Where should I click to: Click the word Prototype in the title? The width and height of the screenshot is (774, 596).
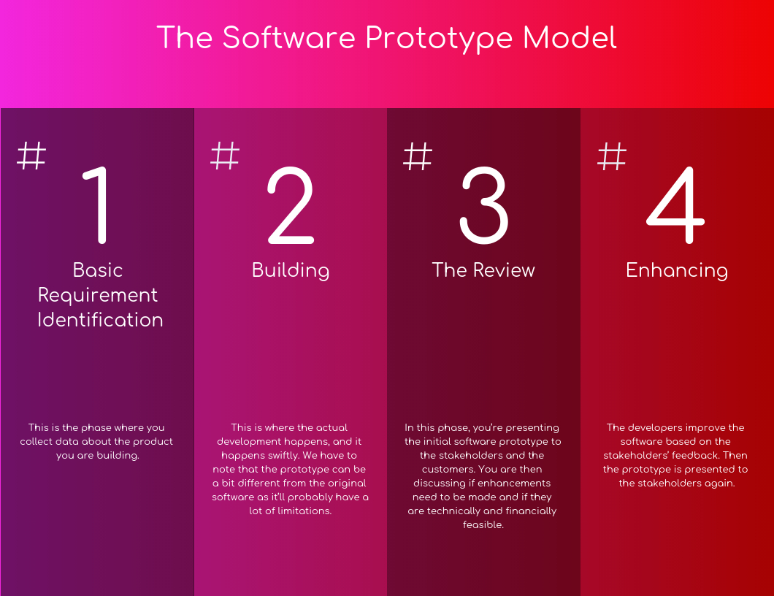(x=440, y=39)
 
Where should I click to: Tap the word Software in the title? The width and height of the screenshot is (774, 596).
(x=288, y=37)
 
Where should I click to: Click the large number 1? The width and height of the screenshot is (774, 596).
(x=96, y=205)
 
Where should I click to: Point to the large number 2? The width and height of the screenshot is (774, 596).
(x=291, y=205)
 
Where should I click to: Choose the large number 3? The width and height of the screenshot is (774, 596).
(x=483, y=205)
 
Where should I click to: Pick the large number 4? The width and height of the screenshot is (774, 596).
(x=675, y=205)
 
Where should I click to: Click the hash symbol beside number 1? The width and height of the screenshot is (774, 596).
(x=31, y=156)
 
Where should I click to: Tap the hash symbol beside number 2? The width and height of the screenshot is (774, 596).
(x=225, y=156)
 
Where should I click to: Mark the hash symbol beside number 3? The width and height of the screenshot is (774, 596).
(x=418, y=156)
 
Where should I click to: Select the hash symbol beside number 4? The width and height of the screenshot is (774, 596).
(x=612, y=156)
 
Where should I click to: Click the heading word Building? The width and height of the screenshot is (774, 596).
(x=291, y=270)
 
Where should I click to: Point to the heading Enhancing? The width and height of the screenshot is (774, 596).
(x=677, y=270)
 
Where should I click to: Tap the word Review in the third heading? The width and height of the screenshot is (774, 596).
(x=504, y=270)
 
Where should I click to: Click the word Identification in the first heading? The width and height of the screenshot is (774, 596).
(x=100, y=319)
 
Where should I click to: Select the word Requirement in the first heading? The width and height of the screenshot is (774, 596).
(x=98, y=295)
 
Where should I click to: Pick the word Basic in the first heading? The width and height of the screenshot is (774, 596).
(x=98, y=270)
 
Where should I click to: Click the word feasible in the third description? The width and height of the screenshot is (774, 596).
(x=483, y=524)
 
